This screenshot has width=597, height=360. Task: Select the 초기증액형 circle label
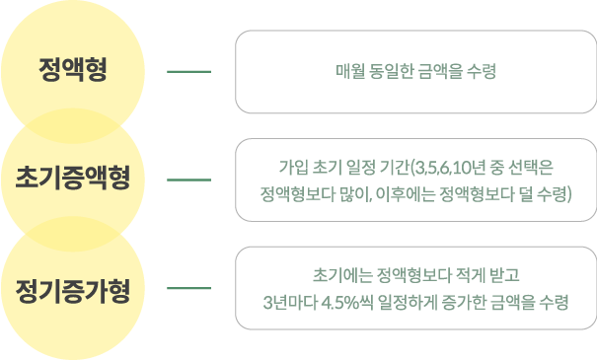tap(73, 180)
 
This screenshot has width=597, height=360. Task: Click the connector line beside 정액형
tap(189, 72)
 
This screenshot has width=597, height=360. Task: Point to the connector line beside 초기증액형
tap(189, 180)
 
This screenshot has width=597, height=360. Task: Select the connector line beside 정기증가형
tap(189, 289)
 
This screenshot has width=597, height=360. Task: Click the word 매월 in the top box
tap(349, 72)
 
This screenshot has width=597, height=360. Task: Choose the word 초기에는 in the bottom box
tap(334, 273)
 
